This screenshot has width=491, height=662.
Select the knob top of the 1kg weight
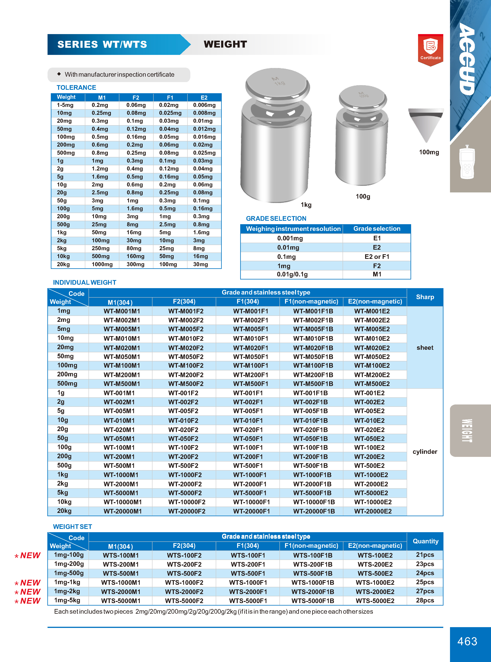tap(278, 84)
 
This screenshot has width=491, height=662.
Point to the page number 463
tap(467, 641)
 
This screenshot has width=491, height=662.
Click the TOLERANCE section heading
tap(76, 87)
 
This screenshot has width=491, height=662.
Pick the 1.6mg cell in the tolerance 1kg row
tap(201, 232)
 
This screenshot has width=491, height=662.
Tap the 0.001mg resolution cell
tap(290, 238)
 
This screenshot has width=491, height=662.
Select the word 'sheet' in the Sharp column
tap(425, 348)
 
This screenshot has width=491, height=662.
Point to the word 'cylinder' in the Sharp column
tap(425, 452)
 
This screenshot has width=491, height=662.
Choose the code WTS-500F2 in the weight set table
tap(184, 573)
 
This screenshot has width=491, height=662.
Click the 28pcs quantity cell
tap(425, 600)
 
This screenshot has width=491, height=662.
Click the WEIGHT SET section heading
tap(73, 527)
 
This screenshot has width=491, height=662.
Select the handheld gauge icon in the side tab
tap(467, 162)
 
